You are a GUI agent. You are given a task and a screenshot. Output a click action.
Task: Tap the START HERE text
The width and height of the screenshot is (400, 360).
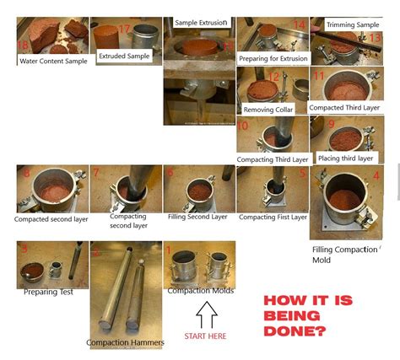(206, 336)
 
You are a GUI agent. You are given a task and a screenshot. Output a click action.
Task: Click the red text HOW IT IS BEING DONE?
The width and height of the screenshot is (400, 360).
(308, 314)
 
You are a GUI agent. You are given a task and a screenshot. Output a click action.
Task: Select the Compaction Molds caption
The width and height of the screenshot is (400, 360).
(200, 291)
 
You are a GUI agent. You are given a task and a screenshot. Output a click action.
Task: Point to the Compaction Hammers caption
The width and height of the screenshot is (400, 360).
(125, 342)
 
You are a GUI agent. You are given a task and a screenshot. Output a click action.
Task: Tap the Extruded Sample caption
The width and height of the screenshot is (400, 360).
(124, 56)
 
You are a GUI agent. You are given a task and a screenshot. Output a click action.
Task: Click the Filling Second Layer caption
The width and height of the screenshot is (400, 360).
(197, 217)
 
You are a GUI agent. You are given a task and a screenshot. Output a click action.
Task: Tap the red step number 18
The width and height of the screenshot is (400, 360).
(24, 45)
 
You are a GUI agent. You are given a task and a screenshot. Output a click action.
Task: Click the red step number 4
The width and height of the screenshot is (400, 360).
(376, 176)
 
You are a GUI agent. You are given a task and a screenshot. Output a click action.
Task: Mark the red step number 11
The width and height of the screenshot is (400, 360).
(318, 76)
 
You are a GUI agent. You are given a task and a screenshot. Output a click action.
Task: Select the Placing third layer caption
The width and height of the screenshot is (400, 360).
(346, 158)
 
